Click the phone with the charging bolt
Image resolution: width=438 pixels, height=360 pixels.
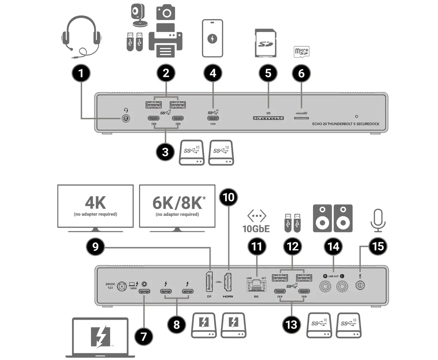coord(212,38)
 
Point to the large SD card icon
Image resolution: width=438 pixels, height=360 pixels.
coord(265,43)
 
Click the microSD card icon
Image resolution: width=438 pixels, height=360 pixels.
coord(301,51)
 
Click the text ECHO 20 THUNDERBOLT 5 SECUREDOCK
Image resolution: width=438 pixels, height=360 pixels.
coord(346,124)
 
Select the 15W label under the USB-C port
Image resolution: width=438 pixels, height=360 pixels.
coord(212,124)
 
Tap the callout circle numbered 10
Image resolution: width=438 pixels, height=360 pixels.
coord(228,197)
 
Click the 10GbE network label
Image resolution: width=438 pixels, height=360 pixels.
coord(256,229)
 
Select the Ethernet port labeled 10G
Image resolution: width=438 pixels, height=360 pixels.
coord(256,285)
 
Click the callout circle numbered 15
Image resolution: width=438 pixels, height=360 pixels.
coord(377,247)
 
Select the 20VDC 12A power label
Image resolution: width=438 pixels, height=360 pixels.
coord(111,286)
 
